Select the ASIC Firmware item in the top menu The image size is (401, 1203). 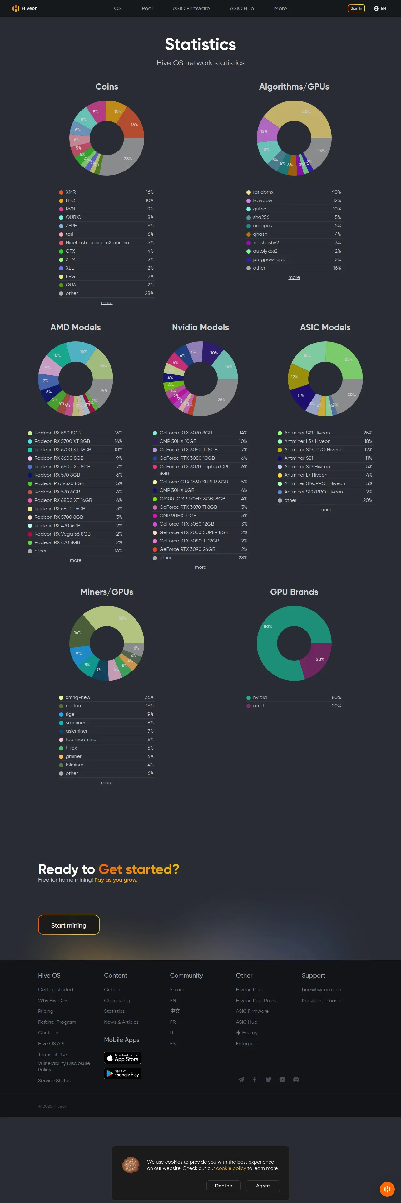[x=191, y=8]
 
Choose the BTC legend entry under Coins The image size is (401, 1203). [x=70, y=200]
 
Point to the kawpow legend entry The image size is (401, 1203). [x=262, y=200]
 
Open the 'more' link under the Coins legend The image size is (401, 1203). [x=106, y=303]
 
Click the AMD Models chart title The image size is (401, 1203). [x=76, y=327]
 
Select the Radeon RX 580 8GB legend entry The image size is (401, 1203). [x=57, y=433]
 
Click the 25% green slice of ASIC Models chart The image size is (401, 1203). [x=345, y=359]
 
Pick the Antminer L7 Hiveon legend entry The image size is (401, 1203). [x=305, y=475]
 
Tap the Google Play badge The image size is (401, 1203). [x=122, y=1074]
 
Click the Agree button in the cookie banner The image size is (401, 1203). [x=263, y=1186]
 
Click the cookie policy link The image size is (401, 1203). [x=230, y=1168]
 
